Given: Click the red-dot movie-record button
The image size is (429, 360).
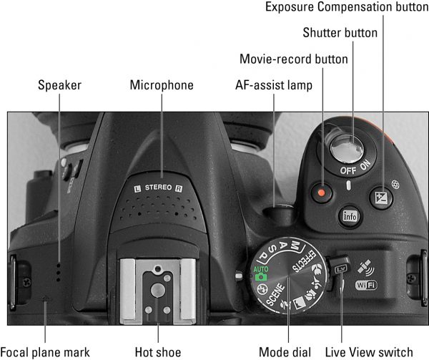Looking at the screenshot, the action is point(322,193).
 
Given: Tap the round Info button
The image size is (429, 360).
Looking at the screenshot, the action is point(350,216).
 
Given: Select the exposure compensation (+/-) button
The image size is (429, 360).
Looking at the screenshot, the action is point(381,198).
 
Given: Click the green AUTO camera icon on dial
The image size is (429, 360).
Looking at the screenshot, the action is point(261,273).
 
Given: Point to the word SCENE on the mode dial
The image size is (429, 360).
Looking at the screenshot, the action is point(275,294).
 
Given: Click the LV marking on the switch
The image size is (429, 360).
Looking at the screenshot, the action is point(341,269).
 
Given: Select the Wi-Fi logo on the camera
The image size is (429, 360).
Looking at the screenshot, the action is point(366,286).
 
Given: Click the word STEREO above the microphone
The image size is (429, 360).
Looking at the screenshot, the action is point(159,188).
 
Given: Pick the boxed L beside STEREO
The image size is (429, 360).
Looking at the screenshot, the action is point(137,188).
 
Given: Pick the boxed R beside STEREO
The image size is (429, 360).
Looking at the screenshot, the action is point(179,188).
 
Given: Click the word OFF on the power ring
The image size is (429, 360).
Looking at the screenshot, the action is point(348,170).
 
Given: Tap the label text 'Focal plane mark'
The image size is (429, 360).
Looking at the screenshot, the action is point(45,352).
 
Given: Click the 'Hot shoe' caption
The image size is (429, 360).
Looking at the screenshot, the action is point(158,352).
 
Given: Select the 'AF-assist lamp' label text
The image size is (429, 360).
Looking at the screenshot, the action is point(274,85).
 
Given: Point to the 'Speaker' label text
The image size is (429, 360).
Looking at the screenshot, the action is point(59,85).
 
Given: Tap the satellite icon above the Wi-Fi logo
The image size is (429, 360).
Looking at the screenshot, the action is point(366,268).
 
